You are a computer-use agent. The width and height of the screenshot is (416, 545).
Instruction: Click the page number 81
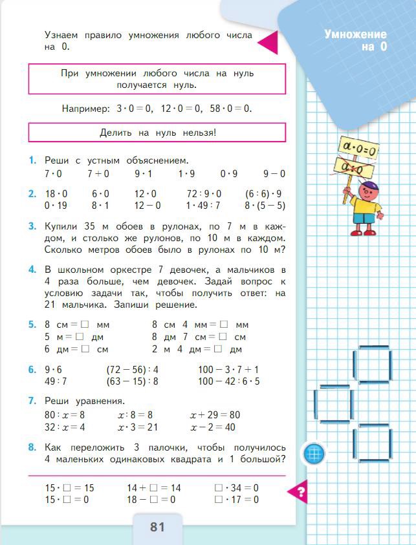click(157, 527)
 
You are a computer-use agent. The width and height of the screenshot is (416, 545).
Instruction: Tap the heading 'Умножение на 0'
click(355, 40)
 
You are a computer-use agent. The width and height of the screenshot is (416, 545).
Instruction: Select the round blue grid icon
click(314, 453)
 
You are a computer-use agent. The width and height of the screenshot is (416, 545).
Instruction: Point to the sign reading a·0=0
click(360, 149)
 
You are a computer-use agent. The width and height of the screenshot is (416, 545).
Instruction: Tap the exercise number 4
click(32, 270)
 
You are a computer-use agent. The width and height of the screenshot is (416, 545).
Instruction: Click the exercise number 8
click(32, 447)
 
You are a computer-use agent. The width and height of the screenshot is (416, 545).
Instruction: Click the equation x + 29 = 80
click(215, 415)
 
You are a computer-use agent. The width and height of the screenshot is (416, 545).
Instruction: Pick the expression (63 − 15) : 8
click(132, 381)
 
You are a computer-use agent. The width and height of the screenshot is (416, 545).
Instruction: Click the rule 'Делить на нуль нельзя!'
click(157, 133)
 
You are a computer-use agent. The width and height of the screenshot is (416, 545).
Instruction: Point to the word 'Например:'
click(85, 109)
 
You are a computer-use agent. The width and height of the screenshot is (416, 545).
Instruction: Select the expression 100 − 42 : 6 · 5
click(229, 381)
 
